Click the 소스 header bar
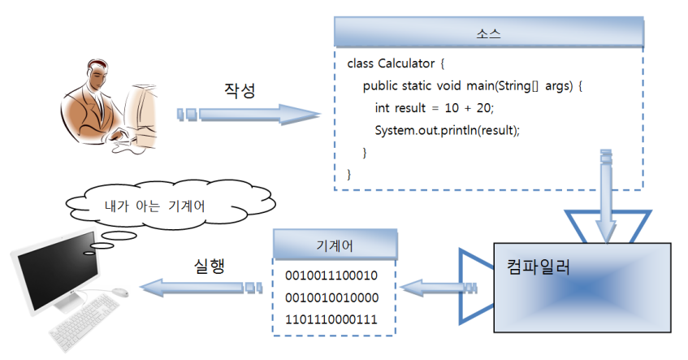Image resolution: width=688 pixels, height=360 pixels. pyautogui.click(x=488, y=34)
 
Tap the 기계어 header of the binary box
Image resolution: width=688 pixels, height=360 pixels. pyautogui.click(x=334, y=245)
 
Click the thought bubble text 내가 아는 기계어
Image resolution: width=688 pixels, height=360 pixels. pyautogui.click(x=154, y=206)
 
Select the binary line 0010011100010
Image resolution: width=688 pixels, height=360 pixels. pyautogui.click(x=331, y=275)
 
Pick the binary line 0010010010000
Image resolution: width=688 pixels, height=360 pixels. pyautogui.click(x=331, y=297)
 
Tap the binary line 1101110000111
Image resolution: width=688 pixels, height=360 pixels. pyautogui.click(x=331, y=319)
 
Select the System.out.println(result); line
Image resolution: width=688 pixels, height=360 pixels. pyautogui.click(x=446, y=130)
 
